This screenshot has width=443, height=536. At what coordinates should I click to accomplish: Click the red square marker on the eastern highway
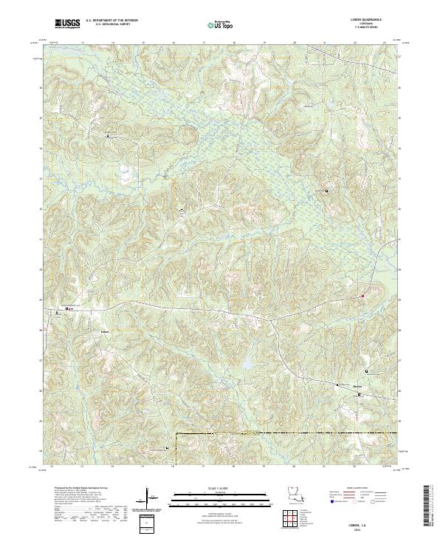tap(363, 296)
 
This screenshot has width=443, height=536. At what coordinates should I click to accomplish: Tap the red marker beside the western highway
tap(68, 308)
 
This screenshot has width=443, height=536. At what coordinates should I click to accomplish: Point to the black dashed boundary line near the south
tap(288, 433)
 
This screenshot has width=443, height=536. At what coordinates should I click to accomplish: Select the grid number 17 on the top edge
tap(203, 43)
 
